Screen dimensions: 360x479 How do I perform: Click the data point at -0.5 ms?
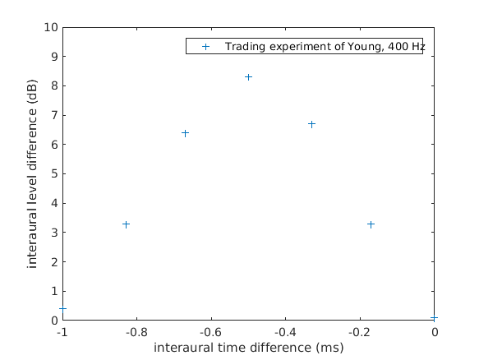coord(248,77)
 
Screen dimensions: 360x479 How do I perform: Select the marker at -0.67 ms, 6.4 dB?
coord(185,133)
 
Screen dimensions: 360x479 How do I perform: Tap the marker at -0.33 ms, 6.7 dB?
coord(311,124)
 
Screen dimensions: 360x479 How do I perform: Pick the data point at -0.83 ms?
coord(126,224)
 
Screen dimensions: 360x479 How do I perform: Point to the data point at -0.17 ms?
coord(371,224)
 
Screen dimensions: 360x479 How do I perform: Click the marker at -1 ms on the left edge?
coord(62,309)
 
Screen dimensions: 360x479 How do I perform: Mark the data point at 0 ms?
coord(434,318)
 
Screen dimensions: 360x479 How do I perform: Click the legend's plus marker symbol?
coord(205,47)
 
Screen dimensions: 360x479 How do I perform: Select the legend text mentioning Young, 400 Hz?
coord(325,47)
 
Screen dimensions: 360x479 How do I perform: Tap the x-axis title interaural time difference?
coord(248,348)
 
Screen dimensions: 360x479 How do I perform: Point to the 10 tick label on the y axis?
coord(51,27)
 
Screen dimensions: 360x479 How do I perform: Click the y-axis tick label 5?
coord(54,173)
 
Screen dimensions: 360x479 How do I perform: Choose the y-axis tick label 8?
coord(54,85)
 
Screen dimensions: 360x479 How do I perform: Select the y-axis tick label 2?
coord(54,262)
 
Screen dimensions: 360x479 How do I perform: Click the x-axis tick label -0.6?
coord(211,332)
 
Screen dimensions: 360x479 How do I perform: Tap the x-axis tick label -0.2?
coord(360,332)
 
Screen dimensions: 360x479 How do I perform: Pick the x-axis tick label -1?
coord(62,332)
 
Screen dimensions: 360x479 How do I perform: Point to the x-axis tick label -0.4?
coord(285,332)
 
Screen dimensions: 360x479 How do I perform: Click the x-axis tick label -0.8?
coord(136,332)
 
